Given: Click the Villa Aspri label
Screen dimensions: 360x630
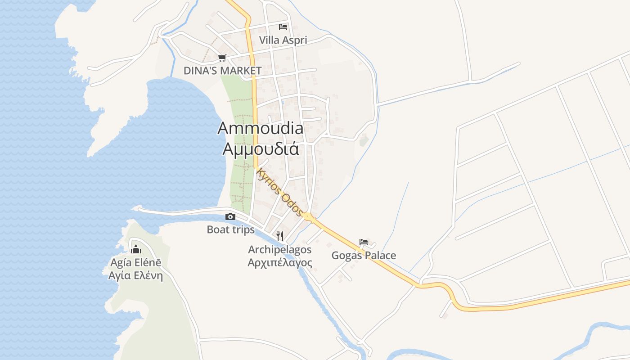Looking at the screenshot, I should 283,40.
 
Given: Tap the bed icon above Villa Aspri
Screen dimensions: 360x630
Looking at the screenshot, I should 283,27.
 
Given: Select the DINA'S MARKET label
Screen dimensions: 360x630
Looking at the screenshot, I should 222,71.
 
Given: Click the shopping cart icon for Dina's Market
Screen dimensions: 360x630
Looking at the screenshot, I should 221,58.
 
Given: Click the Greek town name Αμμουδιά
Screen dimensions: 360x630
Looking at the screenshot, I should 261,148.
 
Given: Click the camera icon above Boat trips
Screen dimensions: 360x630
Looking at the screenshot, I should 230,217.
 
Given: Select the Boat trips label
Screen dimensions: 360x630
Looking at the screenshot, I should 230,229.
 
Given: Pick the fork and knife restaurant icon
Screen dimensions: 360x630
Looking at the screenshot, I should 279,236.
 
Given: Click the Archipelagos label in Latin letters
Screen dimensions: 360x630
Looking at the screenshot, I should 279,249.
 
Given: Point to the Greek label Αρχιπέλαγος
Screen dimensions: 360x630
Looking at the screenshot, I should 279,262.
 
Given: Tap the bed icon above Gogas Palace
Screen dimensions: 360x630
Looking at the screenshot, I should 364,242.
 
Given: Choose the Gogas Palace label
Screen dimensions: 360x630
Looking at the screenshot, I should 364,256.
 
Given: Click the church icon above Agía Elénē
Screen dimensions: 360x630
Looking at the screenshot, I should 135,249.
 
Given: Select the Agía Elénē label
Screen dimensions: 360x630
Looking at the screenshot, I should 135,263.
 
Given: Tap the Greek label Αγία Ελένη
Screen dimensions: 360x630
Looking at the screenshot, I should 135,275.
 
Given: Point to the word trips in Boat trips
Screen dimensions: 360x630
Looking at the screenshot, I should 243,229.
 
